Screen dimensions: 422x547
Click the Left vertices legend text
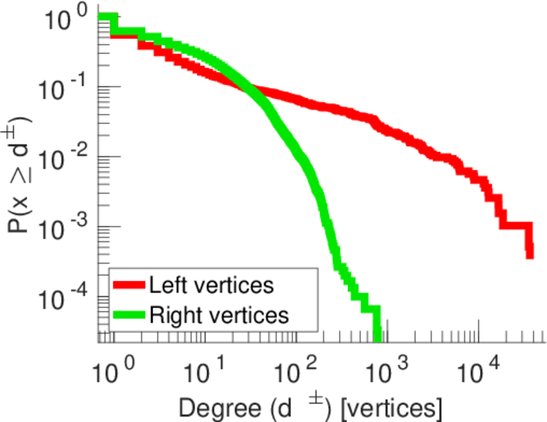coord(211,286)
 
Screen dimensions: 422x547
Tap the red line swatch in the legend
coord(130,286)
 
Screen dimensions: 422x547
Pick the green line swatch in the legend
coord(130,315)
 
